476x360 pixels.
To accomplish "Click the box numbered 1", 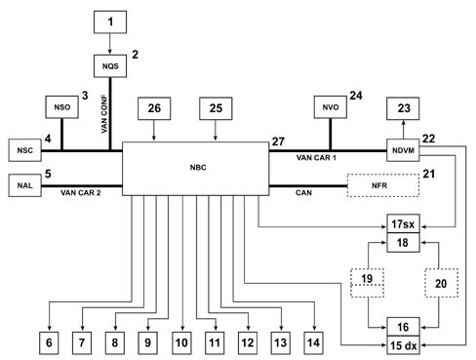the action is [110, 22].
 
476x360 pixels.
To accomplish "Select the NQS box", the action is [110, 66].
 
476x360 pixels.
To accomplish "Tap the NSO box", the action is [61, 107].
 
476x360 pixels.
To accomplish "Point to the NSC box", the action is [25, 150].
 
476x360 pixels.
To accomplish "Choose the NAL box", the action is [25, 185].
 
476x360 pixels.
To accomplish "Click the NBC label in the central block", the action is [198, 168].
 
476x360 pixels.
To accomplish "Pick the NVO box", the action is [331, 107].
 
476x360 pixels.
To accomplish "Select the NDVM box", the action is [403, 150].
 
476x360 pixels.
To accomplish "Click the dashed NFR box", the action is [383, 185].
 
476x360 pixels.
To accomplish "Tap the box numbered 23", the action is [403, 108].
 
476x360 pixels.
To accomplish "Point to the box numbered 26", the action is [154, 108].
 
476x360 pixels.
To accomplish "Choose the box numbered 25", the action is [216, 108].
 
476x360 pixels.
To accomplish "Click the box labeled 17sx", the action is [403, 223].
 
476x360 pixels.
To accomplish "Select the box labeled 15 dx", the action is [403, 345].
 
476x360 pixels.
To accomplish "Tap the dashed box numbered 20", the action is [441, 283].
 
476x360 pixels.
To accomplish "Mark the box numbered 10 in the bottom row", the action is [181, 342].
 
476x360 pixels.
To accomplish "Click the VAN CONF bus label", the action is [104, 114].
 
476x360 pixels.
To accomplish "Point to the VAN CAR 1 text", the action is [316, 158].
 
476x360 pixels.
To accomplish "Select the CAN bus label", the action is [303, 193].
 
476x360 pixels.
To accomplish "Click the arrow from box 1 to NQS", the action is [110, 44].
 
